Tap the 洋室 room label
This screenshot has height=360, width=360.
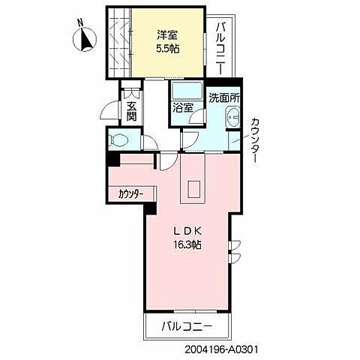click(x=167, y=34)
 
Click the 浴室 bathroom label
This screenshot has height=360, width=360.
click(x=183, y=107)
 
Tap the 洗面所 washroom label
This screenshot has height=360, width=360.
click(x=223, y=97)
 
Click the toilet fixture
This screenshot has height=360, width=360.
click(x=120, y=140)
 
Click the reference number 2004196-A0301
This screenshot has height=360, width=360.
click(x=225, y=349)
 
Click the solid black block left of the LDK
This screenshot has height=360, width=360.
click(x=112, y=159)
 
